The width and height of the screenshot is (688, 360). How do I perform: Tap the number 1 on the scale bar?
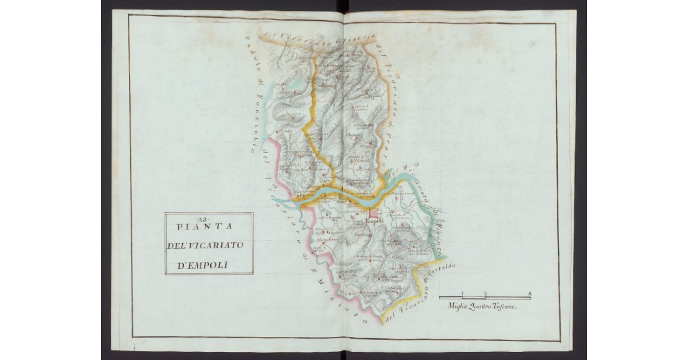(x=462, y=294)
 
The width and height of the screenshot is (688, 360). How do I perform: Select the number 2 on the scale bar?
(x=485, y=294)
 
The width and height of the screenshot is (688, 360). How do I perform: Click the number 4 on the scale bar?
(x=530, y=294)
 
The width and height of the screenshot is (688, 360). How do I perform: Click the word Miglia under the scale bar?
(x=459, y=307)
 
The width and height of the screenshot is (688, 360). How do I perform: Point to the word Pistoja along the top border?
(x=355, y=39)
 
